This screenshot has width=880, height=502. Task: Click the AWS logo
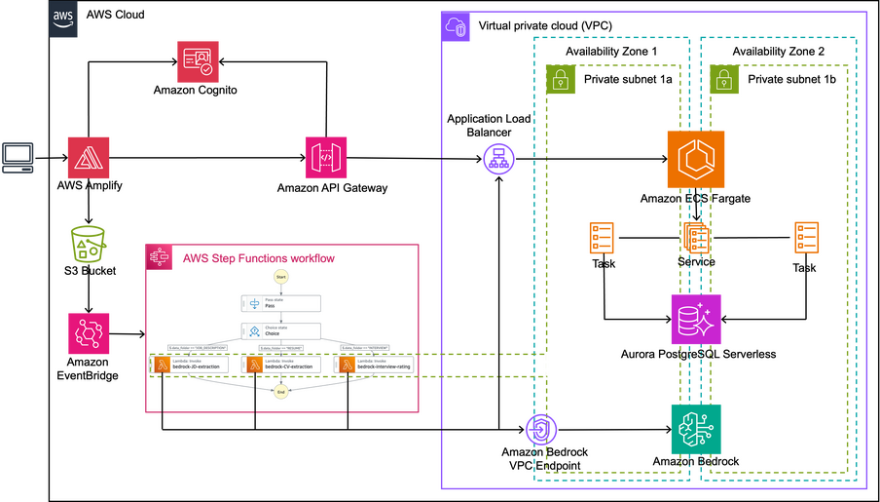[x=64, y=20]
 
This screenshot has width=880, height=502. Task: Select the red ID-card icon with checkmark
[x=197, y=61]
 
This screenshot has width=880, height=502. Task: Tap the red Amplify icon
[x=89, y=157]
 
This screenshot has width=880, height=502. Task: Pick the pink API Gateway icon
[x=326, y=157]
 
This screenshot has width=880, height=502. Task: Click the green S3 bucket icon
[x=89, y=243]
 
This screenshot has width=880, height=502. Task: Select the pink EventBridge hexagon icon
[x=89, y=333]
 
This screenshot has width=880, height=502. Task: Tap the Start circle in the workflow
[x=281, y=277]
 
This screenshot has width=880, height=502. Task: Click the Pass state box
[x=280, y=302]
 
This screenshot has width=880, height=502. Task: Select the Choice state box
[x=280, y=330]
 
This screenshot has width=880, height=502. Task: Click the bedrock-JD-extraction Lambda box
[x=190, y=365]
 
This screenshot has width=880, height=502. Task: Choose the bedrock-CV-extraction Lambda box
[x=281, y=365]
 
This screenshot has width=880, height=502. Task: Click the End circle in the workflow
[x=281, y=391]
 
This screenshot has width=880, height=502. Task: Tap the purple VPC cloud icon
[x=456, y=27]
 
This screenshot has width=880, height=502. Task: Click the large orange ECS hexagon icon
[x=696, y=159]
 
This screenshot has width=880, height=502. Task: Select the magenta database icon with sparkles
[x=696, y=319]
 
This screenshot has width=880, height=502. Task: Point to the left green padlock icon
[x=560, y=79]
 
